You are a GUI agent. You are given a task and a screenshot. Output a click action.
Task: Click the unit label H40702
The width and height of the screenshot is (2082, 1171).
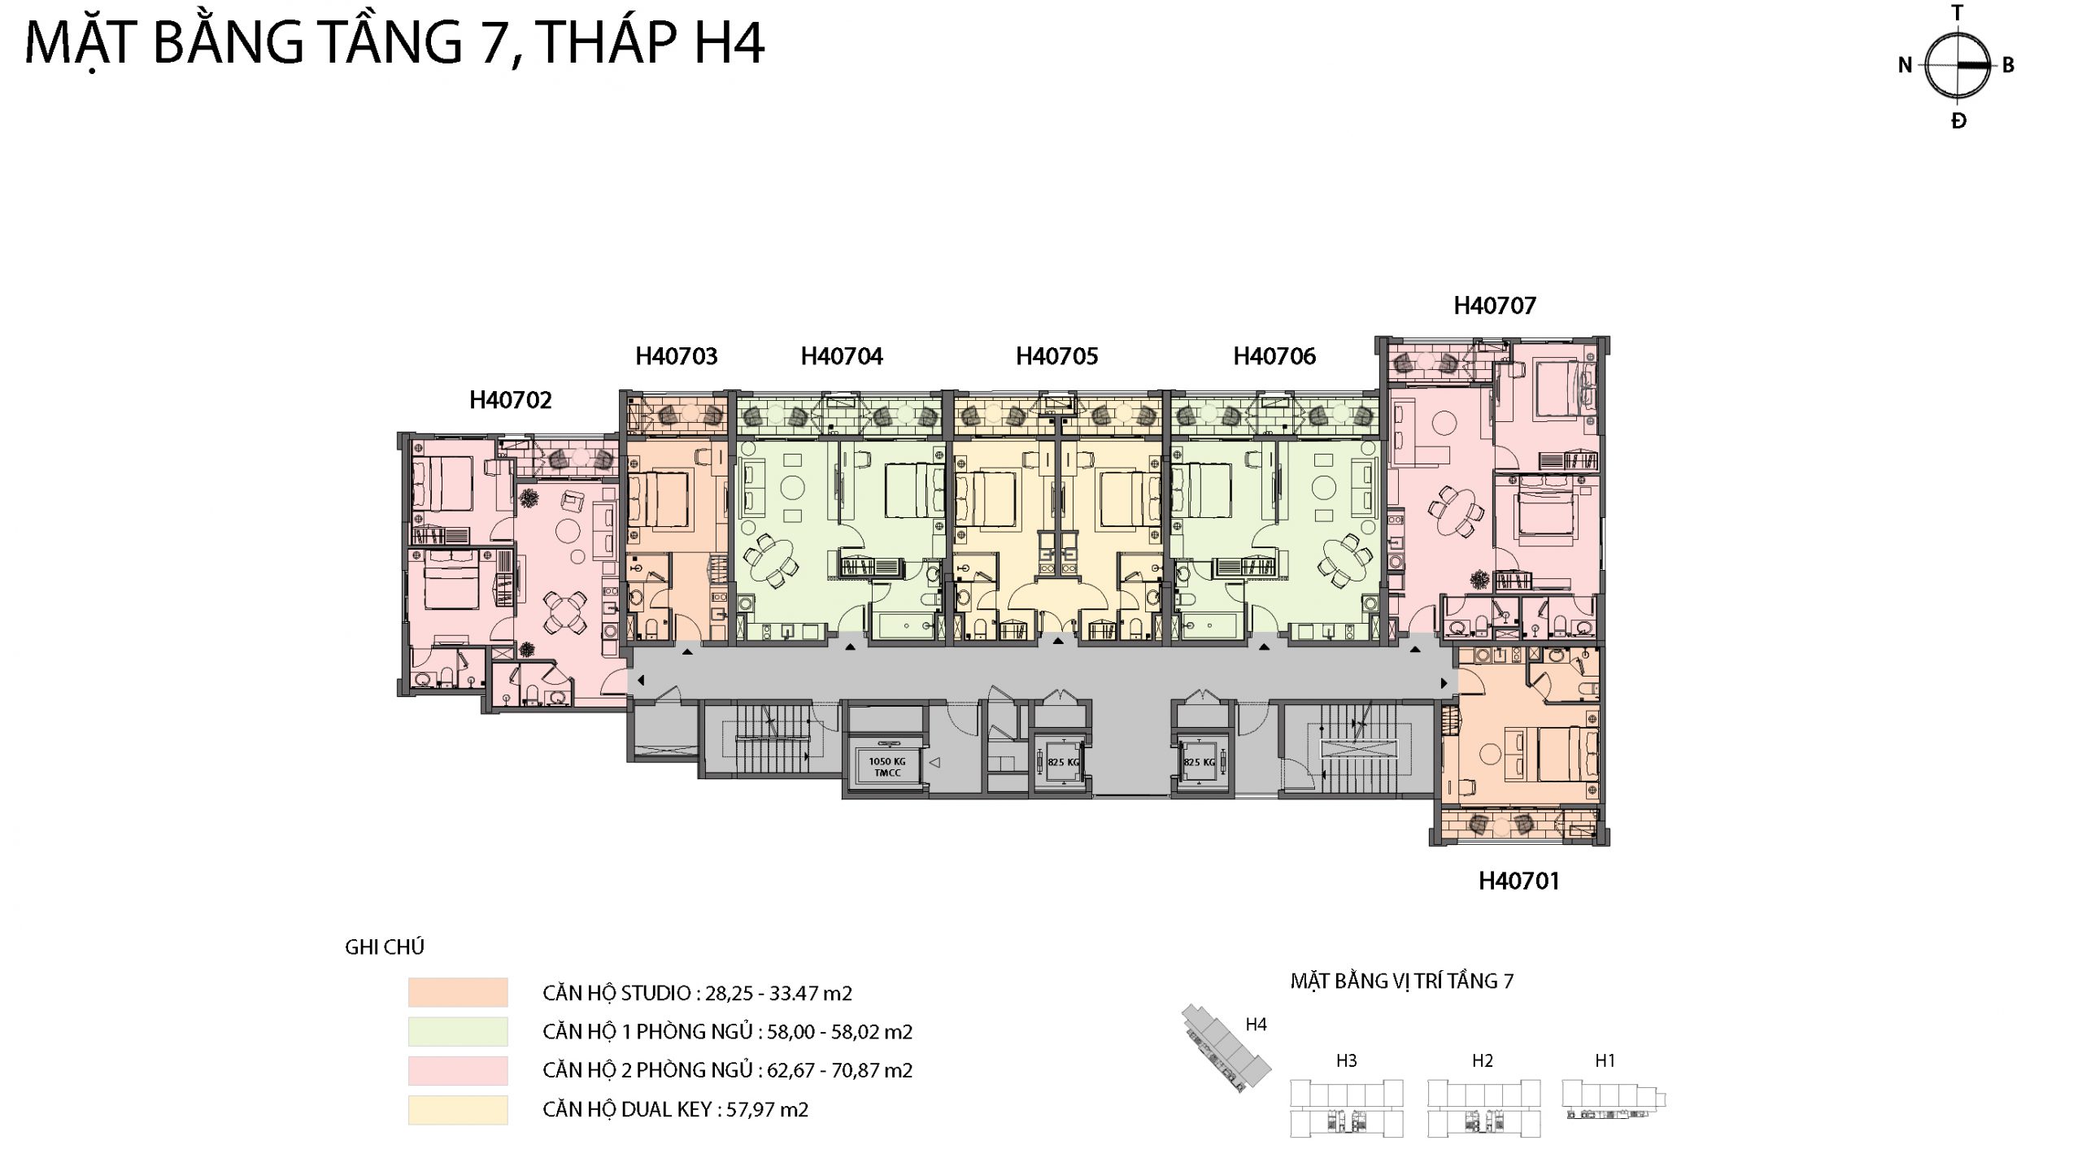(511, 400)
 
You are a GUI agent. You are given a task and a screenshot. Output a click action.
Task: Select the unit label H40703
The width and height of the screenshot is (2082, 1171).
(677, 356)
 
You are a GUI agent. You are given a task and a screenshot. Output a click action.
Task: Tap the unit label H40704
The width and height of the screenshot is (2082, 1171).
(842, 356)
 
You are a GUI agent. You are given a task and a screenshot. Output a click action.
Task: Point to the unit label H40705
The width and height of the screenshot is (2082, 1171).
(1056, 356)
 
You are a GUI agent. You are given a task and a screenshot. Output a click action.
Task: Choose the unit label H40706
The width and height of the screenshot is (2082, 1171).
(1274, 356)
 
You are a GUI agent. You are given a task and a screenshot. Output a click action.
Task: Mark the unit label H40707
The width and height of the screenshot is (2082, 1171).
(1495, 306)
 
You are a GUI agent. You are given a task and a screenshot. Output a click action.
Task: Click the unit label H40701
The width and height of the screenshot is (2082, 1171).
(1518, 881)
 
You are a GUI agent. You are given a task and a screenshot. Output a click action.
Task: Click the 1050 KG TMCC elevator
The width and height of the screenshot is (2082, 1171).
(886, 765)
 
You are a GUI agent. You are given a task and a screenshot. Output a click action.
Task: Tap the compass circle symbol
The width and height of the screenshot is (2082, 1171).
(1958, 66)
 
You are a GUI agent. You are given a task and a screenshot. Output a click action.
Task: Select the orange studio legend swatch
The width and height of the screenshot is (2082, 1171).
(458, 992)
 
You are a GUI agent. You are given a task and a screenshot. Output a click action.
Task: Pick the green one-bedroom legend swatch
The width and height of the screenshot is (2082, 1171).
(458, 1031)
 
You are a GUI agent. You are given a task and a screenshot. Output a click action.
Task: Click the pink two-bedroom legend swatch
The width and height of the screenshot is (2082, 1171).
(458, 1070)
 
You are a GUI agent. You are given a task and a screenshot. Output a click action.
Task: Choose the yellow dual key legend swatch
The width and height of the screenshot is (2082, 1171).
(458, 1109)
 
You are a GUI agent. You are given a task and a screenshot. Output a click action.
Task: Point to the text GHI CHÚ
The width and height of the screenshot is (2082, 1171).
(385, 947)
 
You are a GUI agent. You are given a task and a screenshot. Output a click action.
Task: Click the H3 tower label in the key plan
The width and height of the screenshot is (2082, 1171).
(1346, 1060)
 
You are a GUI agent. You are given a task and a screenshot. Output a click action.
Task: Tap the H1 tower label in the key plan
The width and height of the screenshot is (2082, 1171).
(1605, 1060)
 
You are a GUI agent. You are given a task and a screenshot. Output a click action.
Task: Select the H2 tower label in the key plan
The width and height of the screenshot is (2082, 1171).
(1482, 1060)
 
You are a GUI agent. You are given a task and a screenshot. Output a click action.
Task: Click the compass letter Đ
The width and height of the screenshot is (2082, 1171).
(1958, 121)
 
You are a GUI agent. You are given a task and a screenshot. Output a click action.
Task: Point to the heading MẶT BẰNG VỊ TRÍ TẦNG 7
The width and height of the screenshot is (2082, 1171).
(1402, 980)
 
